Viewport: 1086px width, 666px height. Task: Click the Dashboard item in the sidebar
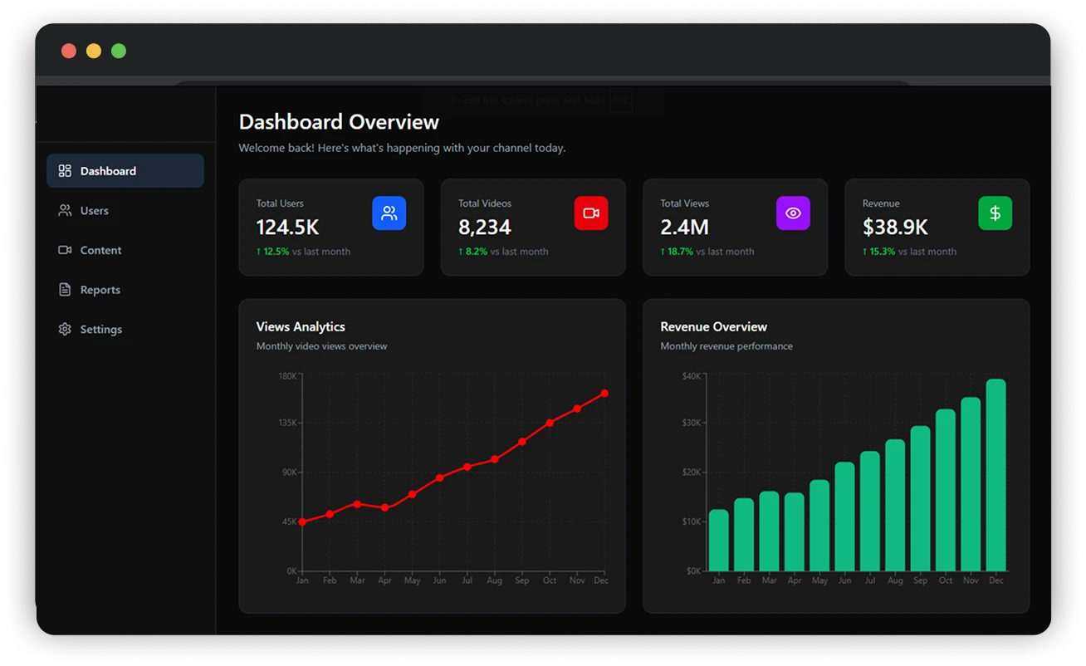pyautogui.click(x=125, y=171)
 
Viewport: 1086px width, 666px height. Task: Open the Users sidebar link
pyautogui.click(x=94, y=211)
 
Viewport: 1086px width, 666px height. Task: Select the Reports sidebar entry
pyautogui.click(x=100, y=290)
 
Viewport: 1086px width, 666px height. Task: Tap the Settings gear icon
pyautogui.click(x=65, y=330)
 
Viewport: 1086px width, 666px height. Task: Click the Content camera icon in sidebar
pyautogui.click(x=65, y=250)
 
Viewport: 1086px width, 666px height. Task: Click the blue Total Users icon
pyautogui.click(x=389, y=213)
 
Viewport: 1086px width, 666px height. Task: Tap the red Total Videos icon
pyautogui.click(x=590, y=213)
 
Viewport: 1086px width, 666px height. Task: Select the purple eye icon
pyautogui.click(x=793, y=213)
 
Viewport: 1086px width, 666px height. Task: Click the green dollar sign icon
pyautogui.click(x=995, y=213)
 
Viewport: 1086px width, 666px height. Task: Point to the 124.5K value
pyautogui.click(x=287, y=228)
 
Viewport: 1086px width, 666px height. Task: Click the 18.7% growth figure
pyautogui.click(x=680, y=252)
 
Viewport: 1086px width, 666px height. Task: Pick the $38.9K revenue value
pyautogui.click(x=894, y=228)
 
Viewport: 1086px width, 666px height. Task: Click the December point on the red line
pyautogui.click(x=604, y=394)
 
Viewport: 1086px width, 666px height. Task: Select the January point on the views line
pyautogui.click(x=302, y=522)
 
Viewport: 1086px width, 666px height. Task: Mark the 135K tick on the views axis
pyautogui.click(x=287, y=423)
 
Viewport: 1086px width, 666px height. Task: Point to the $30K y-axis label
pyautogui.click(x=691, y=423)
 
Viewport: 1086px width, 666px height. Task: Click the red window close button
pyautogui.click(x=69, y=51)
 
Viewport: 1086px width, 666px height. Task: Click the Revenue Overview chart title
pyautogui.click(x=713, y=327)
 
